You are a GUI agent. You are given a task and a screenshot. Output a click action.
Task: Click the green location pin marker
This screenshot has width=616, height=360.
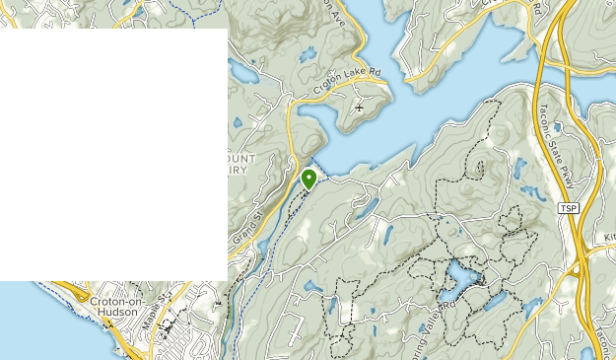point(308,179)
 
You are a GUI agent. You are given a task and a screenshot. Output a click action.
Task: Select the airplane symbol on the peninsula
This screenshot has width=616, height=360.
point(360,107)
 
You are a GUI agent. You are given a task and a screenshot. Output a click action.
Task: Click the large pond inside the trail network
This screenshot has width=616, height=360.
point(460,278)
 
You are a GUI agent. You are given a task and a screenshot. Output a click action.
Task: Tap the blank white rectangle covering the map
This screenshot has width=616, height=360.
point(113,154)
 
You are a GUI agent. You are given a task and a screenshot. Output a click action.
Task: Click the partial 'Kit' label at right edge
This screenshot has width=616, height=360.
point(608,238)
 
